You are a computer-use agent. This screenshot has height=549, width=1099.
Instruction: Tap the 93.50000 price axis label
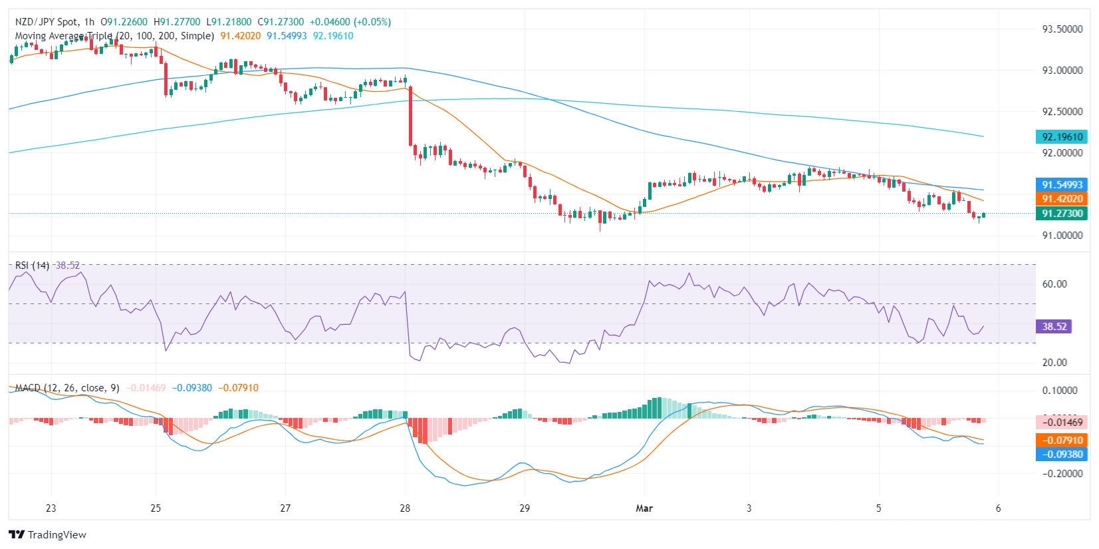(1062, 29)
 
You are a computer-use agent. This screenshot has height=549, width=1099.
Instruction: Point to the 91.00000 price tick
(1062, 236)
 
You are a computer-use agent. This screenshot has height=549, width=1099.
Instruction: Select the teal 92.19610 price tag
(1062, 137)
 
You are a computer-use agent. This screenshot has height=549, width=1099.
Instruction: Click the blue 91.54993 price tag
(1062, 185)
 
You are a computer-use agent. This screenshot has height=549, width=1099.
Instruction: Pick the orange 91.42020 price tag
(1062, 199)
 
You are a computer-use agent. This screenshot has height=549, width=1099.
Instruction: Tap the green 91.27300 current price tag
(1062, 214)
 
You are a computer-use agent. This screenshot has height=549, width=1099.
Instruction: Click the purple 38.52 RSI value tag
(1054, 327)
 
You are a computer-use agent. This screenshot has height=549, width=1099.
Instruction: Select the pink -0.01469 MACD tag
(1062, 423)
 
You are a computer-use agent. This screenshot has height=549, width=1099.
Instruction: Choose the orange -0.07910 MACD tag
(1062, 441)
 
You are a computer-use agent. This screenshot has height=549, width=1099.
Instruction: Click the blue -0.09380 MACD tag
(1062, 455)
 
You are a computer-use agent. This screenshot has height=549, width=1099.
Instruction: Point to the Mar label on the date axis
(644, 508)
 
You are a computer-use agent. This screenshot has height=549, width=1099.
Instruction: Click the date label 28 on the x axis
(405, 508)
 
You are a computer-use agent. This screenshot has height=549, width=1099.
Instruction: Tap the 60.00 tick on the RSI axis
(1054, 284)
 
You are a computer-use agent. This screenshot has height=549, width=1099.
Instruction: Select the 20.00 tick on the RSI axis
(1054, 363)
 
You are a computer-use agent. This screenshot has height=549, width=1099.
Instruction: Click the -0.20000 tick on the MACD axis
(1062, 474)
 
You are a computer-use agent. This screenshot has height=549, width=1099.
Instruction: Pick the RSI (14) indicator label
(32, 266)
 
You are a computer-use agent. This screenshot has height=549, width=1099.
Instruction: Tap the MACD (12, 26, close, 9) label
(67, 388)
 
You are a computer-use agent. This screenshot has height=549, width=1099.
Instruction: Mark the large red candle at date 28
(410, 116)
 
